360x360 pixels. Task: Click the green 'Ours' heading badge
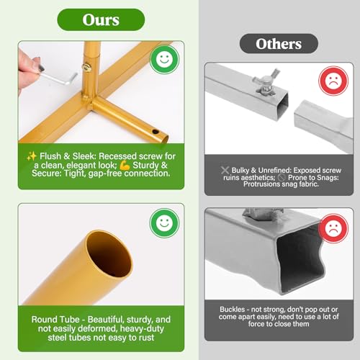click(101, 19)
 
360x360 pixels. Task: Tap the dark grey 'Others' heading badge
click(279, 44)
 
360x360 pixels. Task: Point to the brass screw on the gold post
click(87, 68)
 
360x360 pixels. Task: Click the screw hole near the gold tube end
click(156, 132)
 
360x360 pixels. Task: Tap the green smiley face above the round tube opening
click(164, 223)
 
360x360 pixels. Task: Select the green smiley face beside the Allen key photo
click(164, 59)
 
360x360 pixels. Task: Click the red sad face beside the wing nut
click(333, 81)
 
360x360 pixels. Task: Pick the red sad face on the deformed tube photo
click(333, 228)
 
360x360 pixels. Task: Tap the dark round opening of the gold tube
click(109, 256)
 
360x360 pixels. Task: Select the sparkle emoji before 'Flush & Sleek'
click(32, 156)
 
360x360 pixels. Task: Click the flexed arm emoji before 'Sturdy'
click(125, 165)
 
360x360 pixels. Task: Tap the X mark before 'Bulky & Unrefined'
click(225, 170)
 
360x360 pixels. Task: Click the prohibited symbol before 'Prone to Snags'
click(282, 178)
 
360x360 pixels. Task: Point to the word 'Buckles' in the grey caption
click(233, 310)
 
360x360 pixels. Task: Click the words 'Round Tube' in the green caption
click(55, 320)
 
